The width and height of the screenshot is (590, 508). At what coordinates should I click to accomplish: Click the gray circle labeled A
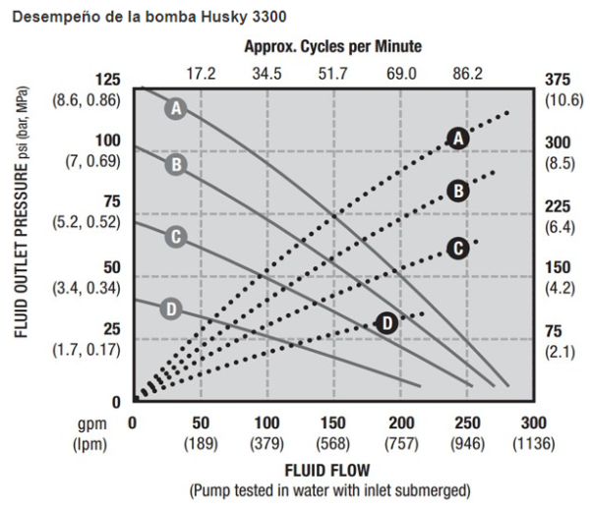click(176, 108)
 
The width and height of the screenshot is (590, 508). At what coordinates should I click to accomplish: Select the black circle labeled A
click(457, 140)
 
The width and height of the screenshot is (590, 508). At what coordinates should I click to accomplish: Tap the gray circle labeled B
click(176, 164)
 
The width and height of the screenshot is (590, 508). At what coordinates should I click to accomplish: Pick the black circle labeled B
click(456, 192)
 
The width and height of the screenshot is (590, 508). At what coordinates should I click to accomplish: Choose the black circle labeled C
click(456, 248)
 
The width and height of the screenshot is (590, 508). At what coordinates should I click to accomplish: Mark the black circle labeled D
click(387, 321)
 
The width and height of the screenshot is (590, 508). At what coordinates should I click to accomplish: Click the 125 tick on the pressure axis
click(107, 80)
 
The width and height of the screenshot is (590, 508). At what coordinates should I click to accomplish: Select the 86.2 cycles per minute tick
click(467, 72)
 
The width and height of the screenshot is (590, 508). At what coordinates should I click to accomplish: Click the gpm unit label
click(85, 423)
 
